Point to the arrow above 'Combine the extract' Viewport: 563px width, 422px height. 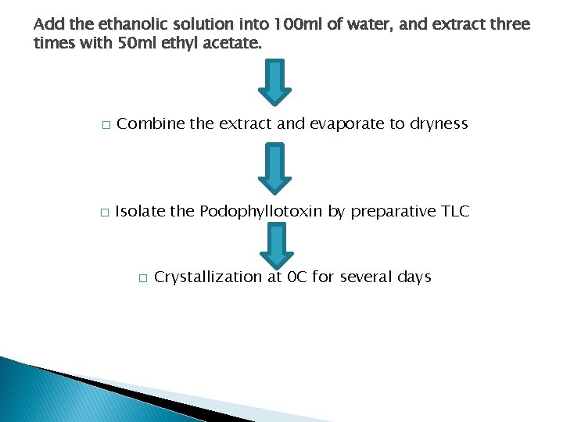(x=274, y=83)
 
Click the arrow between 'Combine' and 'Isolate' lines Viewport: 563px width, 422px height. (x=274, y=168)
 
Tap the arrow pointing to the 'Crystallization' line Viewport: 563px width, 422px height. (x=274, y=245)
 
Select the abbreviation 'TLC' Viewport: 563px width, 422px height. (x=454, y=211)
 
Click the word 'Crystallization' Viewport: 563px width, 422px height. (x=208, y=277)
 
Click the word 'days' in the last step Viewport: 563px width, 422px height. (x=413, y=277)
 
